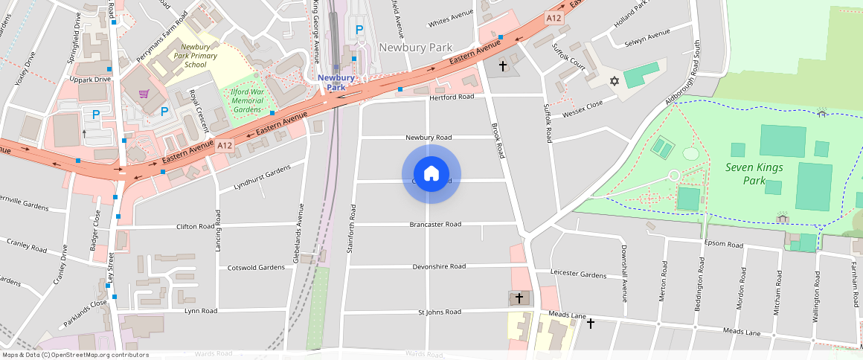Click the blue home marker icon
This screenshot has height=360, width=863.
431,174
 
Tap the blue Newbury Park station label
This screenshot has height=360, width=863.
336,82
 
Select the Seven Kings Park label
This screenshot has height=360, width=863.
754,173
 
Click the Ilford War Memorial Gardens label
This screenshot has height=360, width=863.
247,100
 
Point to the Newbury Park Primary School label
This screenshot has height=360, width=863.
196,56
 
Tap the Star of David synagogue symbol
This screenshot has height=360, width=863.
615,80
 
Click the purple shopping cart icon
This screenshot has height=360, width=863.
144,94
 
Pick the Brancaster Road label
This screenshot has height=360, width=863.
435,224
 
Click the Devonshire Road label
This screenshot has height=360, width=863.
439,266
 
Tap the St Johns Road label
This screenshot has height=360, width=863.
442,312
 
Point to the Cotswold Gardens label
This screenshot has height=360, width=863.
256,267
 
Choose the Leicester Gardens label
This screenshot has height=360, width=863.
579,274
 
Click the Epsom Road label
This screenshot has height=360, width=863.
724,244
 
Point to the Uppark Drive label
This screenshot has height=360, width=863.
90,79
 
